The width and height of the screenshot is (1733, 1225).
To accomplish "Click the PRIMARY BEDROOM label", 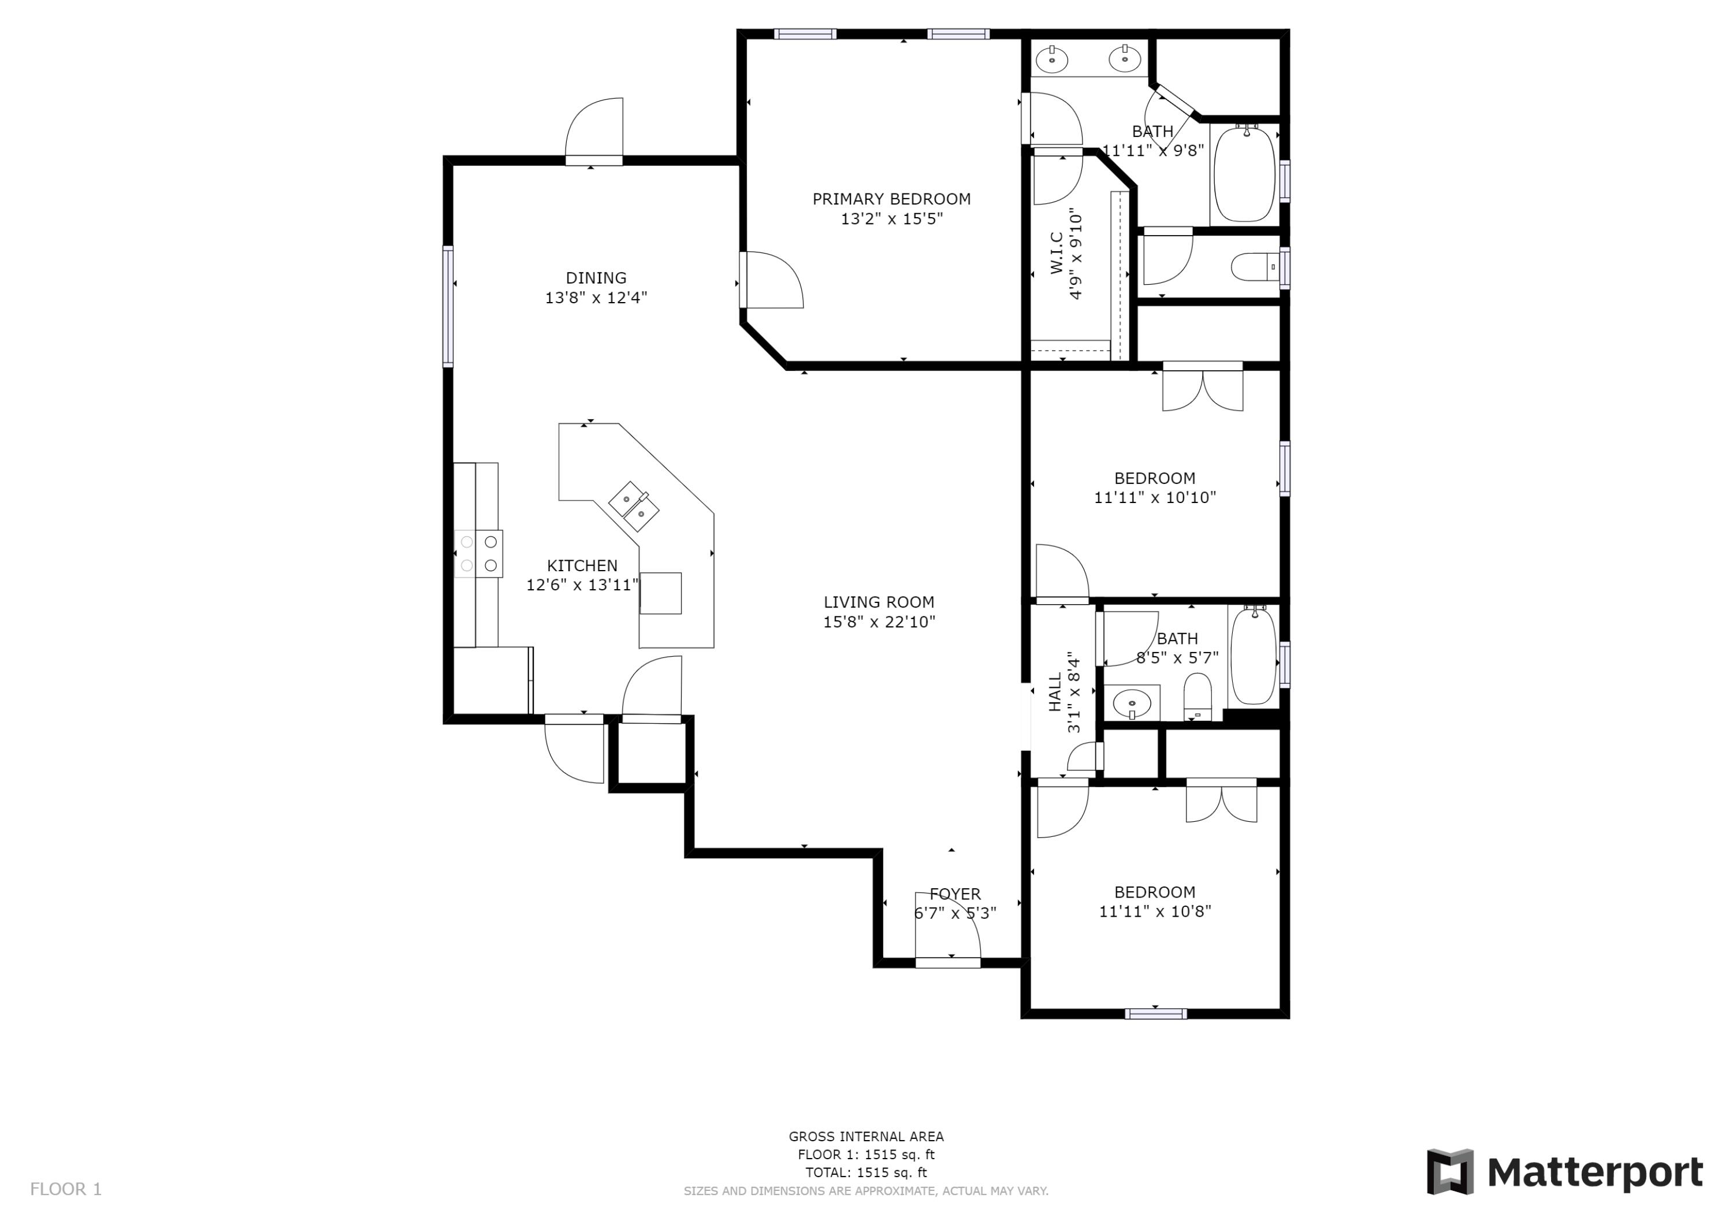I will (x=891, y=199).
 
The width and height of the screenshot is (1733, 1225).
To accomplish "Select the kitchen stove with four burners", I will (x=478, y=553).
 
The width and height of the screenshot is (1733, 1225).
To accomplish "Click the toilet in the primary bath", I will (x=1255, y=267).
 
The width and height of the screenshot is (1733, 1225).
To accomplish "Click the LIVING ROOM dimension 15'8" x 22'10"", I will (x=879, y=622).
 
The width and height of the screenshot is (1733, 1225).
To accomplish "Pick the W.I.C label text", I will (x=1057, y=253).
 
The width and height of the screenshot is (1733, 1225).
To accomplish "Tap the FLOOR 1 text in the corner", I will (x=66, y=1190).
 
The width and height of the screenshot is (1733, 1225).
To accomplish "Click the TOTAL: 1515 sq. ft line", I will (x=866, y=1172).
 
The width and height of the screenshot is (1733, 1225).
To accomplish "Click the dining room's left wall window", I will (x=448, y=307).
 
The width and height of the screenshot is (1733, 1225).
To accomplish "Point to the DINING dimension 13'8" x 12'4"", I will (x=596, y=297).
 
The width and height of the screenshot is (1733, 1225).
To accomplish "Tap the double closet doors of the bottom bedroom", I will (x=1221, y=803).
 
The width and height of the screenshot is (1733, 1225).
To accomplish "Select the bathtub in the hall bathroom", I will (x=1253, y=656).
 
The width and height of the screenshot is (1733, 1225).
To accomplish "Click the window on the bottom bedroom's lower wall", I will (x=1155, y=1014).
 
